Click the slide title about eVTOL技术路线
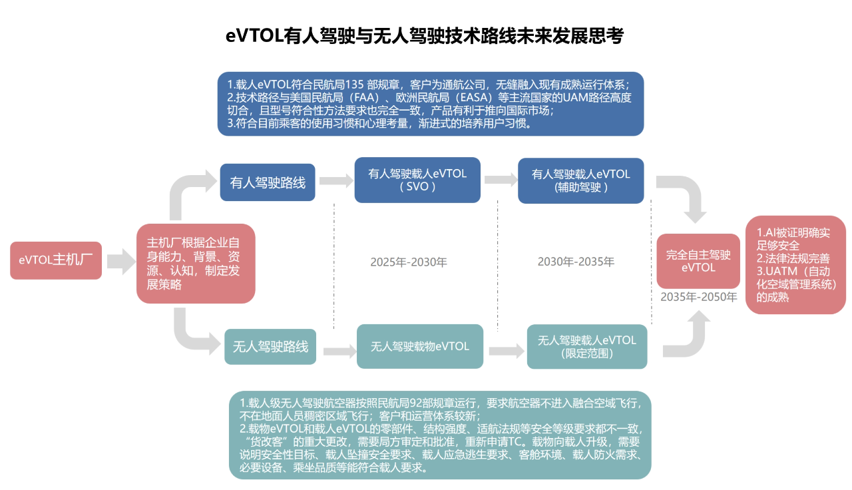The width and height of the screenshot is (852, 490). pyautogui.click(x=425, y=36)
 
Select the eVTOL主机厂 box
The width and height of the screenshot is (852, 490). pyautogui.click(x=56, y=260)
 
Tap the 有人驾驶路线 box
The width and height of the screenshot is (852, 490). pyautogui.click(x=268, y=182)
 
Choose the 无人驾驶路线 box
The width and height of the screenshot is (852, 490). pyautogui.click(x=270, y=347)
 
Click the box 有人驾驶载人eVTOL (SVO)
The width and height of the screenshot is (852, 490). pyautogui.click(x=417, y=180)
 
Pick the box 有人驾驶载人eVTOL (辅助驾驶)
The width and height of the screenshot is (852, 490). pyautogui.click(x=581, y=180)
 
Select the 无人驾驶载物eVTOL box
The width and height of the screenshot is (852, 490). pyautogui.click(x=420, y=346)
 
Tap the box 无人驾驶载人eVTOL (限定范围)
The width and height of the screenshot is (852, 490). pyautogui.click(x=587, y=347)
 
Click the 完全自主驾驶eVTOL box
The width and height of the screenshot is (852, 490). pyautogui.click(x=698, y=261)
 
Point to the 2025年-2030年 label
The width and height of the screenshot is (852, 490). pyautogui.click(x=409, y=262)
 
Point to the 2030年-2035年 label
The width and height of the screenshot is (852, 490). pyautogui.click(x=576, y=262)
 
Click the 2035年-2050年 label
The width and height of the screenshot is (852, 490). pyautogui.click(x=699, y=297)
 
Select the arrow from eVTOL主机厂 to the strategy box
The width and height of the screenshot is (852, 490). pyautogui.click(x=121, y=262)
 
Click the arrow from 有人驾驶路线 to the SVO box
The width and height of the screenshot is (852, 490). pyautogui.click(x=336, y=180)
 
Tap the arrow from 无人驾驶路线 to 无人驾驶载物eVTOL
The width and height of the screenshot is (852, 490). pyautogui.click(x=339, y=351)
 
